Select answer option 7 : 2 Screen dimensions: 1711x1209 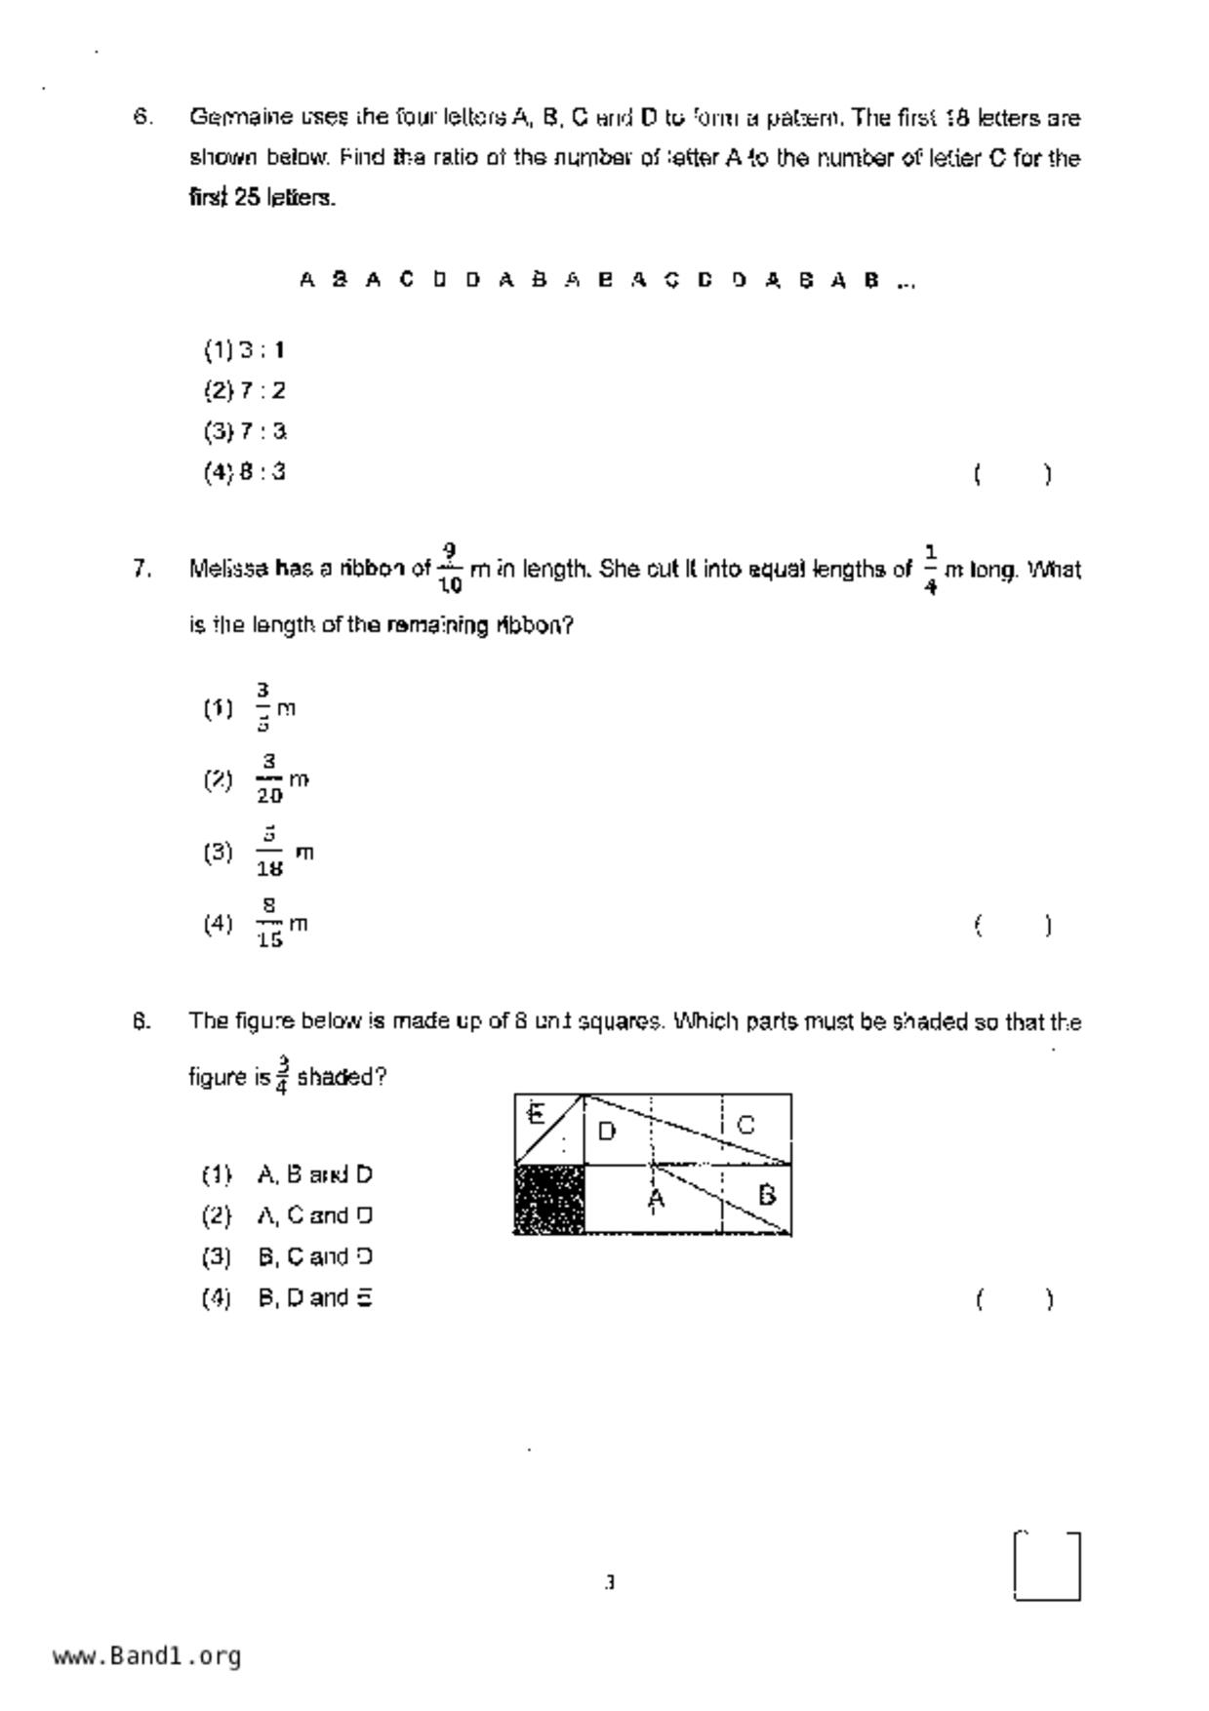245,391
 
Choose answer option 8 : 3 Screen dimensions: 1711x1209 245,473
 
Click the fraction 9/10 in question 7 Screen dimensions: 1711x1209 450,569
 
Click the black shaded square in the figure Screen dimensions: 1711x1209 549,1200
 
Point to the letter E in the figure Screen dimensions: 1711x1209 535,1114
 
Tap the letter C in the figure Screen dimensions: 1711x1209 746,1125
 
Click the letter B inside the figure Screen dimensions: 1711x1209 767,1195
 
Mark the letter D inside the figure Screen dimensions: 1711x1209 606,1132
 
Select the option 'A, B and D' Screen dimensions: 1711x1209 314,1175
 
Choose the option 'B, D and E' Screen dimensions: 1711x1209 314,1298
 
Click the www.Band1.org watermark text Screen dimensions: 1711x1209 147,1656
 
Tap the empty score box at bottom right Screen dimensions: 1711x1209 1047,1567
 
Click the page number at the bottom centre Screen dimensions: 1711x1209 610,1582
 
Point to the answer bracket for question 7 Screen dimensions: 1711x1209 1013,926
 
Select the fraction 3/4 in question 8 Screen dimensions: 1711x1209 282,1076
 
